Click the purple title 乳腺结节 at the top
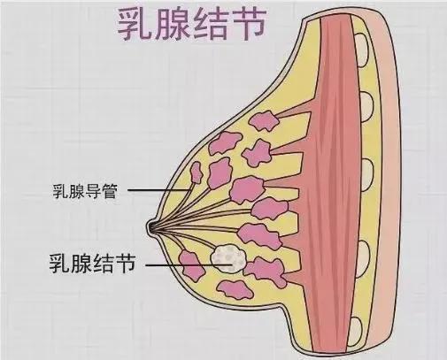point(192,25)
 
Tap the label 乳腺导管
point(85,191)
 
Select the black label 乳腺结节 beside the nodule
point(92,264)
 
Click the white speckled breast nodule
point(228,258)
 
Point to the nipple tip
point(149,227)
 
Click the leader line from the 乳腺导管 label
point(158,190)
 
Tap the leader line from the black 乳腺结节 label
point(189,265)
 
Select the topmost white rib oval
point(362,49)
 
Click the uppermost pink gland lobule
point(265,120)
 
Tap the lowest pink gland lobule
point(235,289)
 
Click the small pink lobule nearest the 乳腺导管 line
point(197,172)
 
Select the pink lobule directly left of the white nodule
point(191,264)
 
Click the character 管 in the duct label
point(110,192)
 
